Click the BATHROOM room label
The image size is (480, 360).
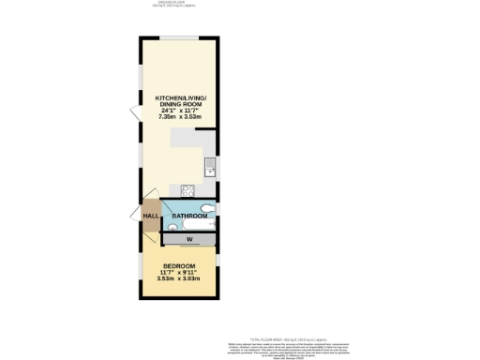pos(189,216)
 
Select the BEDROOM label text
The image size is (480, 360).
pos(179,265)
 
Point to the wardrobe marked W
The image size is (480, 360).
pos(189,239)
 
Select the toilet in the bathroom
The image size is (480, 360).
pos(206,207)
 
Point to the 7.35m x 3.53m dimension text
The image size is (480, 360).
pos(181,117)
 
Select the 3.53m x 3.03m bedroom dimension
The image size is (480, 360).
pos(179,278)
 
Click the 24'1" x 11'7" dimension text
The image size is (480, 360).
pos(181,111)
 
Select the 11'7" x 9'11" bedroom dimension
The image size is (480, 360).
pos(179,272)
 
